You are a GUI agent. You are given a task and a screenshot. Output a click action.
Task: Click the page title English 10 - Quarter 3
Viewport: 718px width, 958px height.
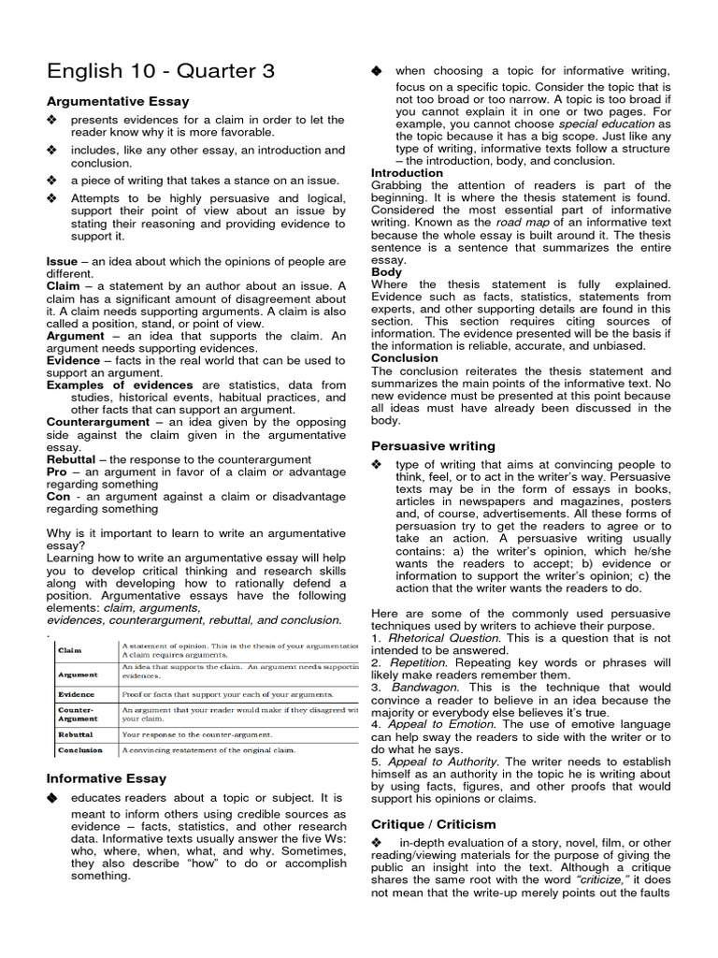click(161, 71)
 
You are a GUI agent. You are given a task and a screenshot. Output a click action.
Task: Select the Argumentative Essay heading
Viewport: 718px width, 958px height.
click(118, 101)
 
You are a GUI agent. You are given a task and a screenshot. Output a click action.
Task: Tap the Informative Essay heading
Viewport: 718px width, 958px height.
click(107, 777)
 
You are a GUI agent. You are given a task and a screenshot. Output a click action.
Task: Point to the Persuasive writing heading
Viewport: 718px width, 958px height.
click(433, 445)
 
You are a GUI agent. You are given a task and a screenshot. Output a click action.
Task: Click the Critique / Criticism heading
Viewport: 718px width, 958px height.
click(434, 824)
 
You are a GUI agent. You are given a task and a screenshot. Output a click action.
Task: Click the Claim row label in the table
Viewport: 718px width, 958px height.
click(70, 649)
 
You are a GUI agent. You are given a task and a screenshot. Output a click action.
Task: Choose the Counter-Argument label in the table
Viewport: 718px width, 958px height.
click(79, 714)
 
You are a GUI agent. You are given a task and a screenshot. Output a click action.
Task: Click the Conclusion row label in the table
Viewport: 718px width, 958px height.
click(81, 749)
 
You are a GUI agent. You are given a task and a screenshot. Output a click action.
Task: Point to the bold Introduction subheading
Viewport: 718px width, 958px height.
click(407, 173)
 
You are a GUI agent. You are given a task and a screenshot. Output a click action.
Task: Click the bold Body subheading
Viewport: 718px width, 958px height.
click(386, 272)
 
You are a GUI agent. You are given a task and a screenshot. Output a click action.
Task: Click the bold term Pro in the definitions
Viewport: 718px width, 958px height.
click(57, 472)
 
